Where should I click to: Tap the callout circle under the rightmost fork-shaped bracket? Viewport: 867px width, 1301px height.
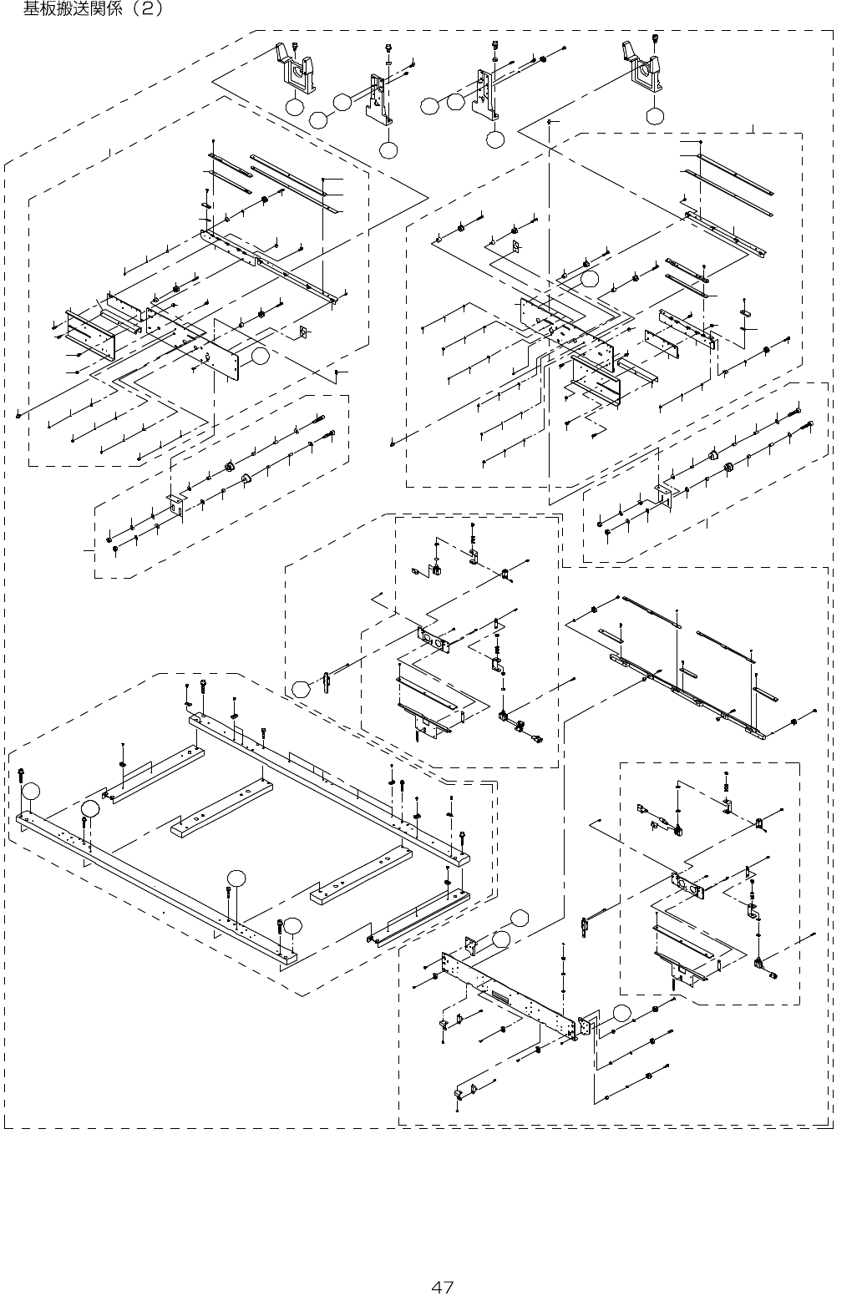(655, 116)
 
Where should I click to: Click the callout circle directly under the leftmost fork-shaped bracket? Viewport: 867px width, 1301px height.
(294, 107)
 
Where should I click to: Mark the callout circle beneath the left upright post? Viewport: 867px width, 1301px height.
(388, 149)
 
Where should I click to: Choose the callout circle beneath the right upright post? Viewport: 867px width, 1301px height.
(494, 139)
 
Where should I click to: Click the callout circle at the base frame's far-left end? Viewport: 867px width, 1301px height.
(31, 791)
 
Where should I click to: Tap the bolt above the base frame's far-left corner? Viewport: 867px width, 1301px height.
(21, 776)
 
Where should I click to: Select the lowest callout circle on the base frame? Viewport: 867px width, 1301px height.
(292, 924)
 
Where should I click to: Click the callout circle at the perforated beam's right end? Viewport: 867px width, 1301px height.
(621, 1013)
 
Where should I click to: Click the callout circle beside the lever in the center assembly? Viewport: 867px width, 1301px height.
(300, 689)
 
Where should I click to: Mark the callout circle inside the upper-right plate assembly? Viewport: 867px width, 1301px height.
(591, 279)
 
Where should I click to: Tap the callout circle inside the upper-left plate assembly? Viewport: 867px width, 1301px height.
(261, 357)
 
